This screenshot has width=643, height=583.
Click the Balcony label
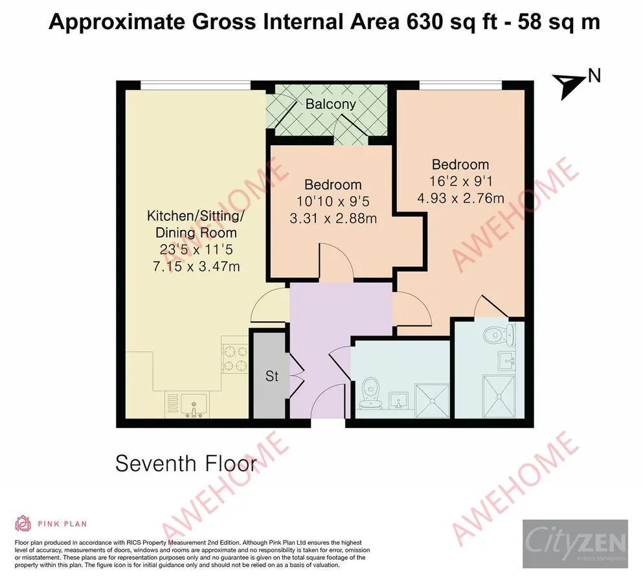pos(331,104)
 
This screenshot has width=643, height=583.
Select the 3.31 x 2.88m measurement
pos(333,218)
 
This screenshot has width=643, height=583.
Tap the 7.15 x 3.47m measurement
pos(191,265)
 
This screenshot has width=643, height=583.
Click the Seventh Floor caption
pos(186,464)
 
